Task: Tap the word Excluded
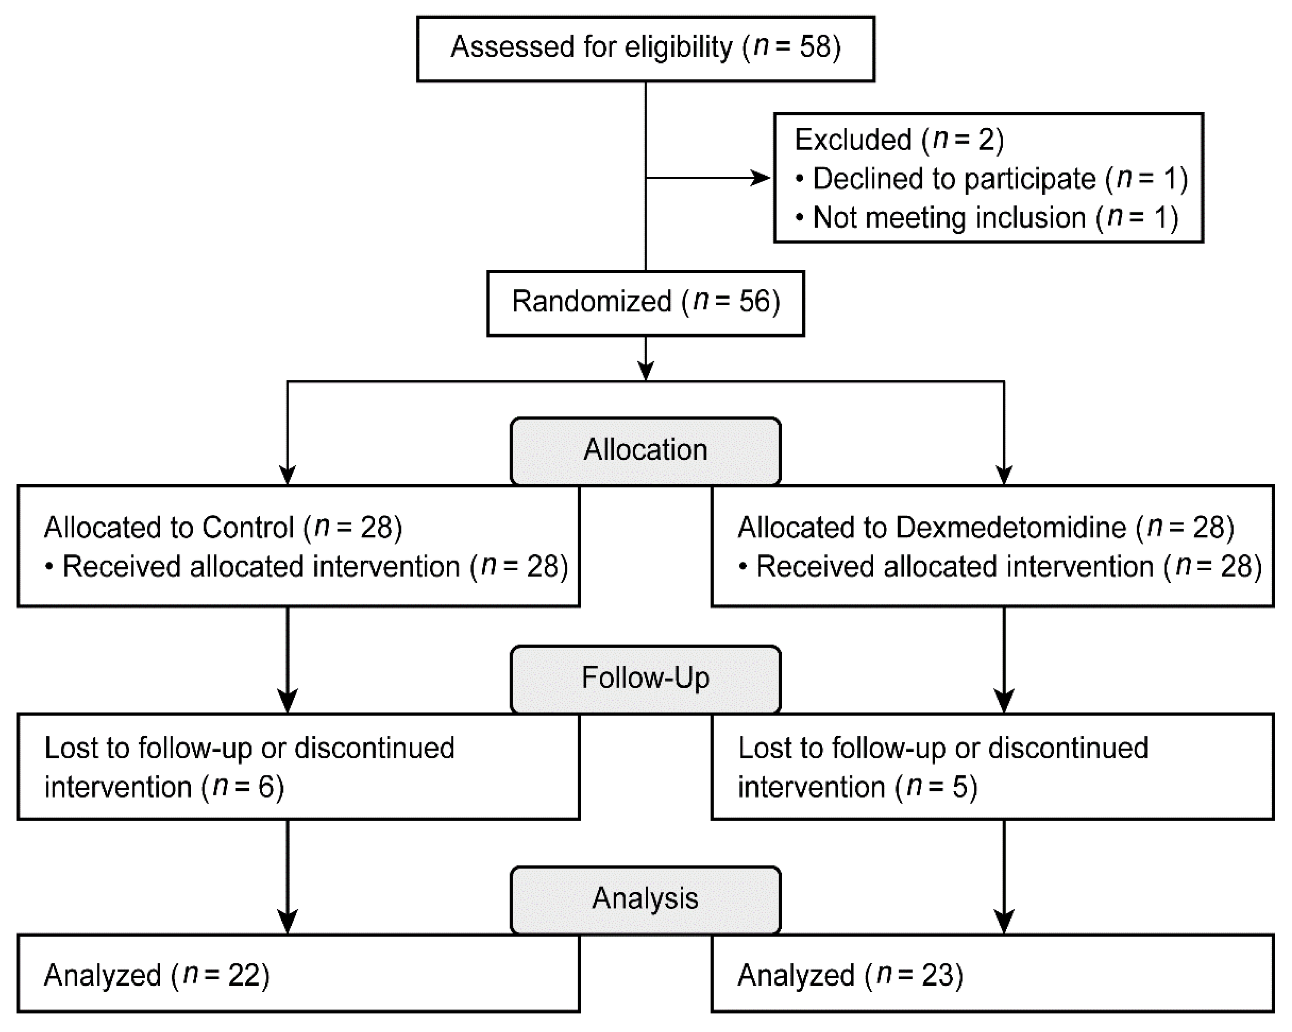(852, 139)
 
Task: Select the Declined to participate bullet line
(992, 179)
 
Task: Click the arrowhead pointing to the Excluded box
(761, 178)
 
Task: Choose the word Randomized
(591, 301)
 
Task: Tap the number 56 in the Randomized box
(753, 301)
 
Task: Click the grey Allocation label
(645, 450)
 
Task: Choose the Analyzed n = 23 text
(850, 975)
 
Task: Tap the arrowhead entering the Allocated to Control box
(287, 475)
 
